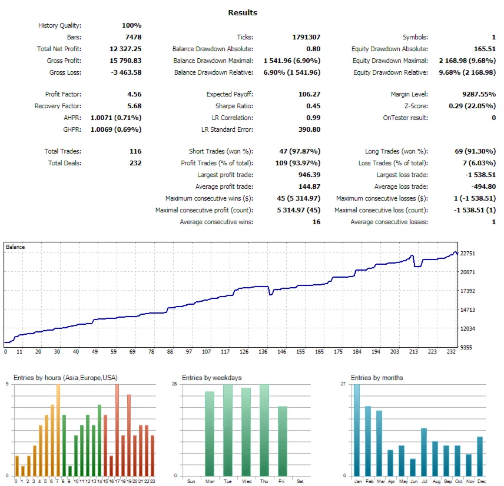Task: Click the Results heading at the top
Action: [242, 12]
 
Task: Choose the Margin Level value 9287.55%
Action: [476, 94]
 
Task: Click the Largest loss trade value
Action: [479, 175]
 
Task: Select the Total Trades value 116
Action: [135, 151]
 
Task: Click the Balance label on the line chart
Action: [15, 247]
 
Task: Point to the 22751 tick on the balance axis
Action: [467, 254]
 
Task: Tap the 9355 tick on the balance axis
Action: [466, 348]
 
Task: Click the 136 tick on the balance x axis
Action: [264, 352]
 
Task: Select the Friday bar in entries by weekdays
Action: [283, 441]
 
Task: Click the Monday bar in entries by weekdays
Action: [210, 434]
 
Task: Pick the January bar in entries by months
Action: [356, 430]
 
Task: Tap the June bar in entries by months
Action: [413, 467]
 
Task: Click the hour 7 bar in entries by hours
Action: [58, 430]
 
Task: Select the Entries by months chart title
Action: [377, 378]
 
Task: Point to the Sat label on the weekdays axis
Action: [301, 481]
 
